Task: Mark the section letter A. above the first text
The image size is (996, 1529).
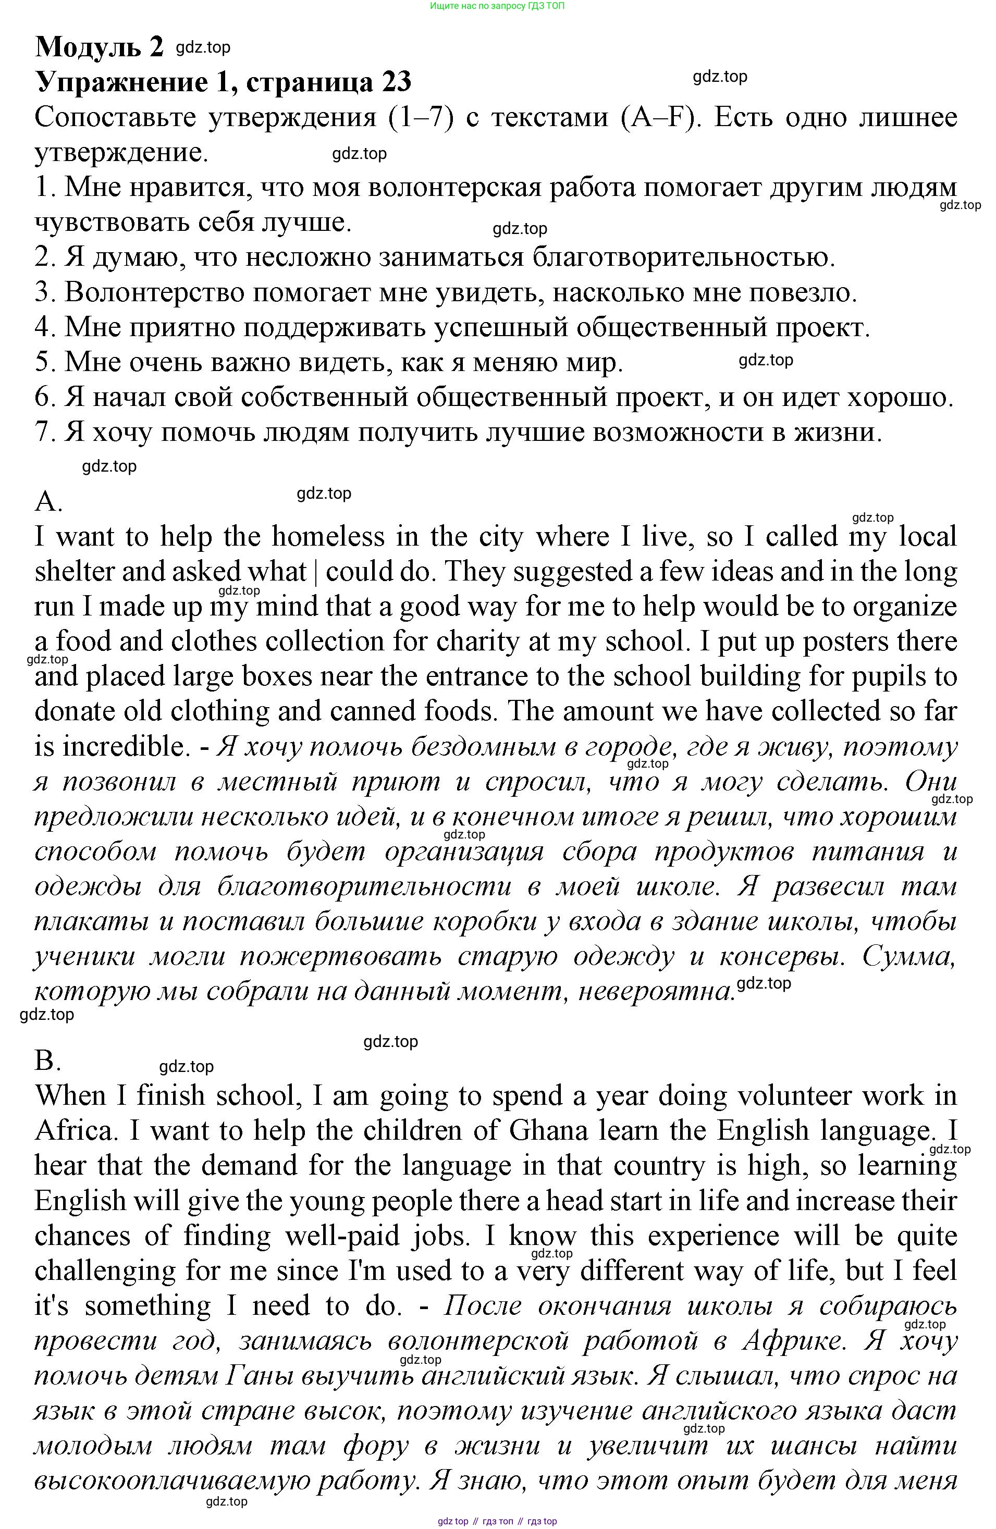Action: click(x=47, y=500)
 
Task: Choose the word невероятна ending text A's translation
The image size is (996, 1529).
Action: click(x=656, y=991)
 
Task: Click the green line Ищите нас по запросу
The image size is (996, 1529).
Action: click(x=497, y=6)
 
